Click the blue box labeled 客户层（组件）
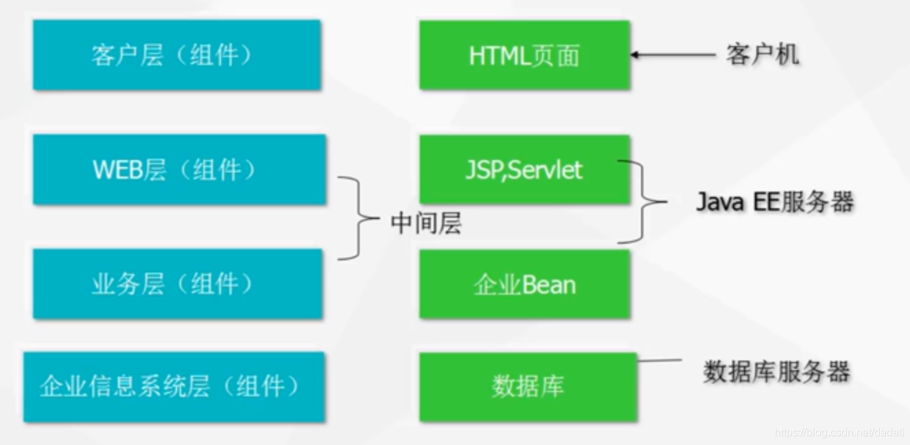point(176,55)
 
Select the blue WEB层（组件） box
point(178,170)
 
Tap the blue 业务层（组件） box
point(176,284)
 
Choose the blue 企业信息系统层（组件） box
point(173,387)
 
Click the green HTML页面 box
point(524,55)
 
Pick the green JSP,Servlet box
point(524,170)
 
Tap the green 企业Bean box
point(524,284)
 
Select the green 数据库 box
point(527,387)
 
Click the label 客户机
point(762,54)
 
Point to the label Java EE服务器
point(775,202)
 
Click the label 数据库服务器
point(776,372)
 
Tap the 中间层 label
point(425,223)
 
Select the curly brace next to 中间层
point(358,218)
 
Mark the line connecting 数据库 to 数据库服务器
point(659,359)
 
